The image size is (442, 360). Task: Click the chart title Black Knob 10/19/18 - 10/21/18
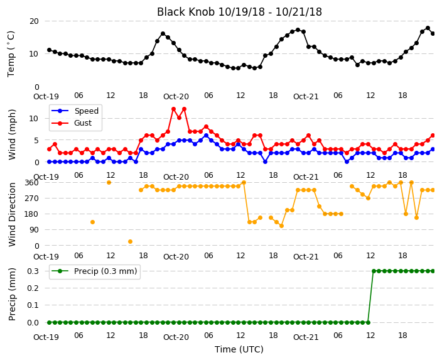(239, 12)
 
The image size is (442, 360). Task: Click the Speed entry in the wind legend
(86, 111)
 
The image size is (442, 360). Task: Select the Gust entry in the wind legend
(83, 123)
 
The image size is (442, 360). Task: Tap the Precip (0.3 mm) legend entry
(105, 271)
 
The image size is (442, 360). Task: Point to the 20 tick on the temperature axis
(34, 21)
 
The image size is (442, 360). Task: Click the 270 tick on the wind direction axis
(31, 199)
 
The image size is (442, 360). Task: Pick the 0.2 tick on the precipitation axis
(33, 288)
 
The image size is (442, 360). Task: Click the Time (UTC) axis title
(239, 349)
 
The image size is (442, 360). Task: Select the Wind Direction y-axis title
(12, 214)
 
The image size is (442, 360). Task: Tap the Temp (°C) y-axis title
(11, 54)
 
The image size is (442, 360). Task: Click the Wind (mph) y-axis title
(12, 134)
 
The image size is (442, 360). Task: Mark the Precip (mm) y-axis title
(12, 294)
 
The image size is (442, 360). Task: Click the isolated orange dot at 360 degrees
(109, 183)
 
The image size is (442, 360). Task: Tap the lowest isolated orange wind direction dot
(130, 241)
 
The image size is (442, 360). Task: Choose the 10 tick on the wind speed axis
(33, 119)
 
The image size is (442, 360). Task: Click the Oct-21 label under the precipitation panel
(306, 337)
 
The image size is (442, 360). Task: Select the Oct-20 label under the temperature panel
(176, 97)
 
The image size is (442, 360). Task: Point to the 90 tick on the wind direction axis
(34, 230)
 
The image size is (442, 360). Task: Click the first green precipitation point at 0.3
(374, 271)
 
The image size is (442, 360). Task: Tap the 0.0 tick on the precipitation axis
(33, 322)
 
